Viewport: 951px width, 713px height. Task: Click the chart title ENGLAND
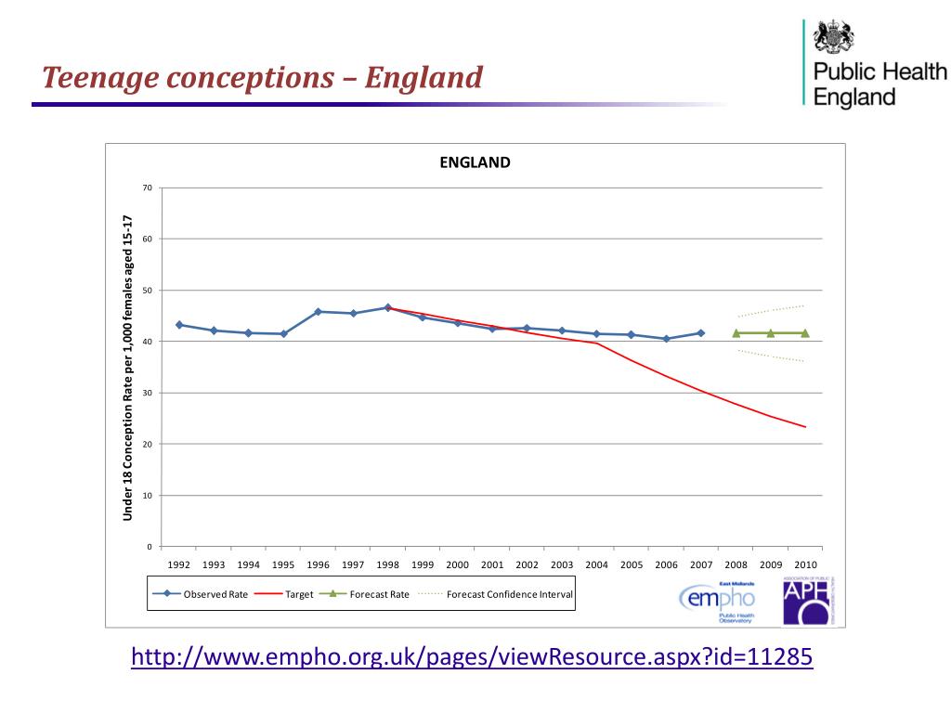[475, 162]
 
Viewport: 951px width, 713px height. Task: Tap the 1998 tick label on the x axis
[387, 564]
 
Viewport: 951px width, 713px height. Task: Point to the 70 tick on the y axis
[147, 188]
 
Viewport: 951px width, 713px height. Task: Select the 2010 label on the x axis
[804, 564]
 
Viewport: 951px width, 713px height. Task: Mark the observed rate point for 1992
[179, 325]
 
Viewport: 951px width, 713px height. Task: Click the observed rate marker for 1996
[319, 312]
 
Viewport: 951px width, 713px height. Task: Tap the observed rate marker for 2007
[701, 332]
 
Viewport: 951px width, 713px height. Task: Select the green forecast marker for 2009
[770, 333]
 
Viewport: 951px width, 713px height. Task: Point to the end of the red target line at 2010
[805, 427]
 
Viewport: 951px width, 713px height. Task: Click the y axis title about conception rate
[129, 368]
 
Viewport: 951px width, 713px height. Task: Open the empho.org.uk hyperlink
[472, 657]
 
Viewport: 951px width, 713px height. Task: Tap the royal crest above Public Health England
[833, 38]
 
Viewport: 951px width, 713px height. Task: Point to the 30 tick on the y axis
[147, 394]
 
